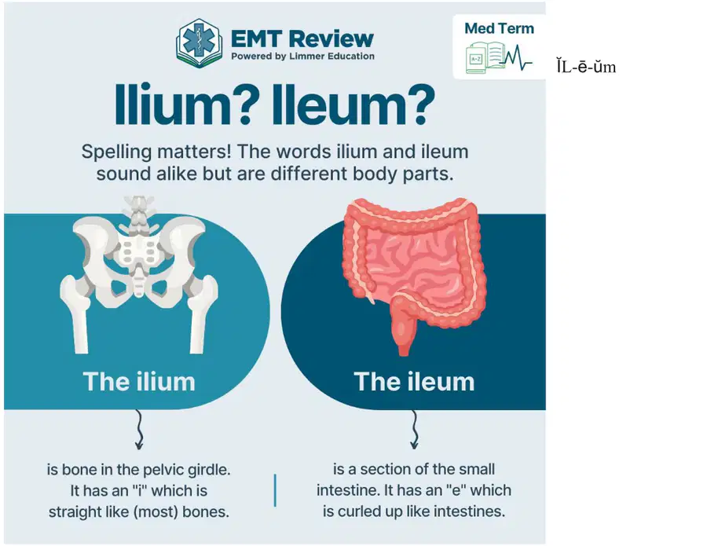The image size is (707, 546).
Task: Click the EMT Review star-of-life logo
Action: coord(199,43)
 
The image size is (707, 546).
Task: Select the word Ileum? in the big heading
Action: coord(353,104)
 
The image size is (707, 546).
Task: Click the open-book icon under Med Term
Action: coord(485,57)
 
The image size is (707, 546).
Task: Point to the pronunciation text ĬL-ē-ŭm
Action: coord(586,68)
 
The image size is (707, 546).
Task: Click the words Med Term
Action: coord(499,28)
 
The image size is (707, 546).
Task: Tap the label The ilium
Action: coord(139,382)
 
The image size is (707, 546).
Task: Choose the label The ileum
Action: coord(414,382)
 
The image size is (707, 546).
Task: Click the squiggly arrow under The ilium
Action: coord(139,429)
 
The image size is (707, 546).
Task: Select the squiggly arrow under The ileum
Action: coord(414,429)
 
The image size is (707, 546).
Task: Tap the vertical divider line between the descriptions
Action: coord(275,490)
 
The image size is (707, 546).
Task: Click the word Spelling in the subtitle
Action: coord(116,152)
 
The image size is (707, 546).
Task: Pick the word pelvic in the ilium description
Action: coord(162,470)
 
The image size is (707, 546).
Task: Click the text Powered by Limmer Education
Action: coord(302,57)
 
